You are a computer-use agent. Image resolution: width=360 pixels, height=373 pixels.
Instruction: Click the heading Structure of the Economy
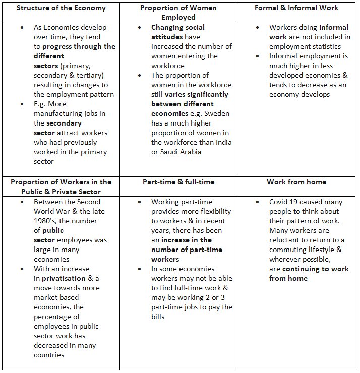pyautogui.click(x=61, y=8)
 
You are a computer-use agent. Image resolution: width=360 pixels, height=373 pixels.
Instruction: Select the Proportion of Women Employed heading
pyautogui.click(x=178, y=12)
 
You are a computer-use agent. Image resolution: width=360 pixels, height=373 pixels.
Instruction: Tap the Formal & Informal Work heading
pyautogui.click(x=296, y=8)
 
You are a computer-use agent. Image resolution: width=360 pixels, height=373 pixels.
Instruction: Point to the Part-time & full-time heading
pyautogui.click(x=178, y=182)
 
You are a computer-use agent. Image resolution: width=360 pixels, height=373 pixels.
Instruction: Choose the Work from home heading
pyautogui.click(x=296, y=182)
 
